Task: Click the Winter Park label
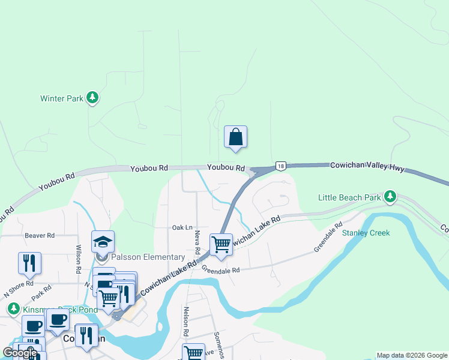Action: tap(61, 98)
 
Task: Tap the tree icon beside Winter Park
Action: tap(92, 97)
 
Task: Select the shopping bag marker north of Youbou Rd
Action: tap(235, 137)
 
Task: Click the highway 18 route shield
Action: tap(280, 166)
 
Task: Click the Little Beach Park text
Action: tap(349, 197)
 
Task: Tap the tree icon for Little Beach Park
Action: tap(390, 196)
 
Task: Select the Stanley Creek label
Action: tap(366, 233)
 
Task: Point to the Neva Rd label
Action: tap(197, 243)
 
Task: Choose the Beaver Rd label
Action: tap(40, 236)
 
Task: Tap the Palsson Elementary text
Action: tap(148, 257)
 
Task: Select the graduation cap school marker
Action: tap(103, 242)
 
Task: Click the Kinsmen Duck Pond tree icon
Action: tap(13, 308)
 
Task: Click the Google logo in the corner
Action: tap(20, 353)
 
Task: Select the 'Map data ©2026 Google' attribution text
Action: tap(412, 355)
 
